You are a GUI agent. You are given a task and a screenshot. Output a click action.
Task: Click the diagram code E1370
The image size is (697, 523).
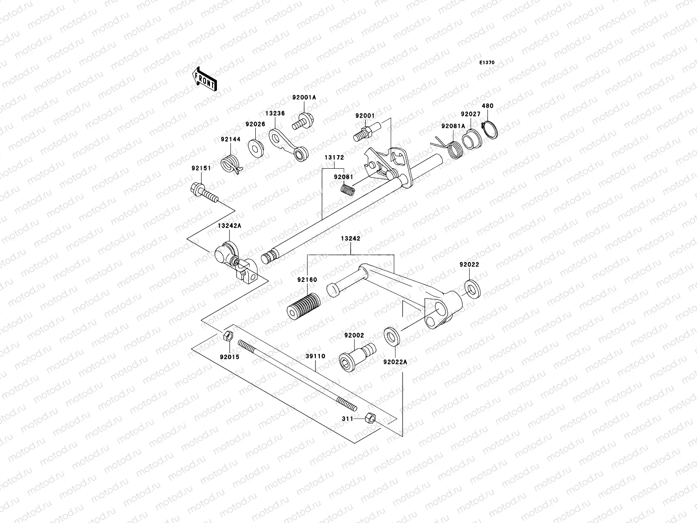487,63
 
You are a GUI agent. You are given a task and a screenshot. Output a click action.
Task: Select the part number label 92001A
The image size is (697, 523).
304,98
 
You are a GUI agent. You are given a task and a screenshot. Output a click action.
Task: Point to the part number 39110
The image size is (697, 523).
315,356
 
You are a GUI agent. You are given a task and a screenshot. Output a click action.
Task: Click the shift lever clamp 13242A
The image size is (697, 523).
233,260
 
